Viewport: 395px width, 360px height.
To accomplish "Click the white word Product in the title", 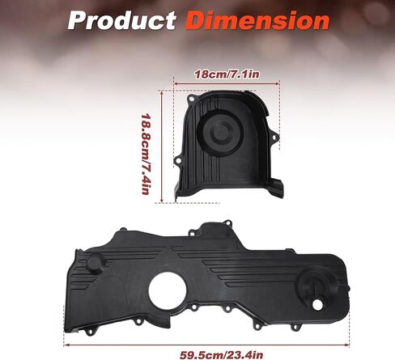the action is pos(122,20).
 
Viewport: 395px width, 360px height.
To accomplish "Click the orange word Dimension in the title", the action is pos(257,20).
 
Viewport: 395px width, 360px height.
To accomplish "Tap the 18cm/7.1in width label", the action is pos(227,74).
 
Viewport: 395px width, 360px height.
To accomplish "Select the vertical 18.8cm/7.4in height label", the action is pos(146,154).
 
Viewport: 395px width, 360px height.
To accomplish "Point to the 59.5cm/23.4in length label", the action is pos(221,354).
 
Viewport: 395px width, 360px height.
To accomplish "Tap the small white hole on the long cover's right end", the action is pos(317,304).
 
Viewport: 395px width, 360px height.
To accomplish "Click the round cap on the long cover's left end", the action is pos(96,263).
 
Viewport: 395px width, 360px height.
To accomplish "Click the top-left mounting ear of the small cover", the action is pos(191,99).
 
